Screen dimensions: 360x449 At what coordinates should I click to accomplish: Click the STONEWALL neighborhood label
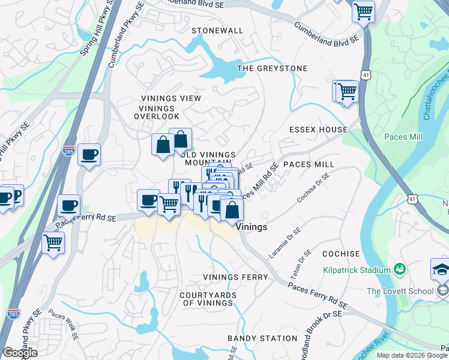[217, 31]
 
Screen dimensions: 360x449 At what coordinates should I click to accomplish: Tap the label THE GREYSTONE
[272, 68]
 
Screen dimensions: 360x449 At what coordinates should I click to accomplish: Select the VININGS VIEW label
[171, 98]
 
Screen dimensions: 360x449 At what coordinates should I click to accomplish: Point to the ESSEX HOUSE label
[318, 130]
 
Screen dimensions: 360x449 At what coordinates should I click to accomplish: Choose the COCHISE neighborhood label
[341, 254]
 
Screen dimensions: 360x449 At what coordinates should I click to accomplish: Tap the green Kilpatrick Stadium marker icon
[398, 270]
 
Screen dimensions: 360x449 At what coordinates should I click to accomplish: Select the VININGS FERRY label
[235, 277]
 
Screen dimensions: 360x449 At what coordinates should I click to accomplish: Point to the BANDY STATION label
[262, 338]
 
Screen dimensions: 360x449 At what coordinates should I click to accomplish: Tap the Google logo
[19, 353]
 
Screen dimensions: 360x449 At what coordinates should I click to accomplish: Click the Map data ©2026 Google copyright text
[412, 355]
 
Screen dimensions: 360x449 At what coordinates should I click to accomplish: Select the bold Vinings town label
[252, 228]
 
